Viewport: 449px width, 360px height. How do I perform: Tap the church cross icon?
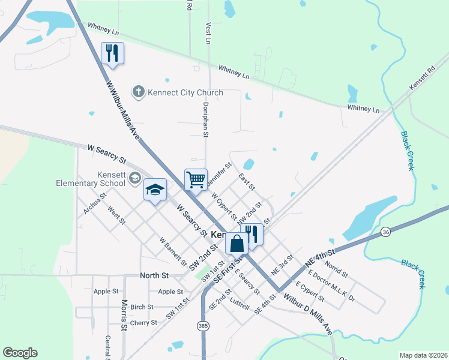pyautogui.click(x=139, y=92)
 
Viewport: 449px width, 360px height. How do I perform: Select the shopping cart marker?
pyautogui.click(x=196, y=179)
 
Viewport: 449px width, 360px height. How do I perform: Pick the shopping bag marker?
pyautogui.click(x=237, y=244)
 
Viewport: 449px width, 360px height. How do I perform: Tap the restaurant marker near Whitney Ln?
pyautogui.click(x=112, y=53)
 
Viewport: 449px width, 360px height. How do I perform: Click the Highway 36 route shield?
pyautogui.click(x=385, y=231)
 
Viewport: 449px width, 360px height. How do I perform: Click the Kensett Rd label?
pyautogui.click(x=422, y=79)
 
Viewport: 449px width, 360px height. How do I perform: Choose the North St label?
pyautogui.click(x=154, y=275)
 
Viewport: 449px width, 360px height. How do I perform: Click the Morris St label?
pyautogui.click(x=124, y=315)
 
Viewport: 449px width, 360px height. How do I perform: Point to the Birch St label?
pyautogui.click(x=142, y=307)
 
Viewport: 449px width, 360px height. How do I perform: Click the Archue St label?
pyautogui.click(x=95, y=203)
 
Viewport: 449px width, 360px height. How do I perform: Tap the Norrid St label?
pyautogui.click(x=336, y=269)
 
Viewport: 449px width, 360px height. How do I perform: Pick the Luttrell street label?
pyautogui.click(x=240, y=305)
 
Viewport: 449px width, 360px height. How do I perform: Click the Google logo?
pyautogui.click(x=20, y=353)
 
